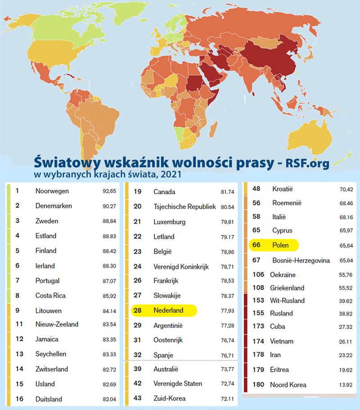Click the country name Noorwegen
52,191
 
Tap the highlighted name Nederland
169,310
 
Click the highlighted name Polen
280,246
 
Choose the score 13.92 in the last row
346,385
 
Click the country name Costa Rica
50,296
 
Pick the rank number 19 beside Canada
138,191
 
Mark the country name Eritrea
279,370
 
